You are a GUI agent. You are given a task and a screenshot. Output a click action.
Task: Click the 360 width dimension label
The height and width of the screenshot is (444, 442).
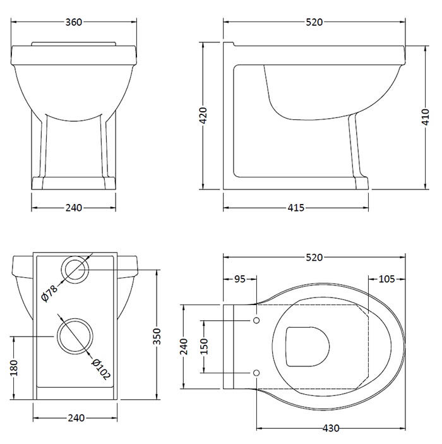[75, 22]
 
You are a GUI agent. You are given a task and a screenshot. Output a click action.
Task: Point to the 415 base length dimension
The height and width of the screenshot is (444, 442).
[296, 208]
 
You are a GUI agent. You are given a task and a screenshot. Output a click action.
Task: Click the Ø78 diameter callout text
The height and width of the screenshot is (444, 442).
[49, 293]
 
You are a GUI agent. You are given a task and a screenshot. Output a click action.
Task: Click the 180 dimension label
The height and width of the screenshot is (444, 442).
[14, 368]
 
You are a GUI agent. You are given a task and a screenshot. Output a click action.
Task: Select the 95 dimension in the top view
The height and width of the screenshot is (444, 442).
[239, 279]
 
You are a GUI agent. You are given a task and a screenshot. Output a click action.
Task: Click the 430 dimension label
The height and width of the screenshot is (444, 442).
[330, 428]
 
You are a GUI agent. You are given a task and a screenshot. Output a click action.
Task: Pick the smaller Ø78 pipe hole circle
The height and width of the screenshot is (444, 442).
[76, 270]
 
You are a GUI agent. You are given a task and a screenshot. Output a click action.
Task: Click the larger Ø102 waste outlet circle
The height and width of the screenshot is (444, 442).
[75, 336]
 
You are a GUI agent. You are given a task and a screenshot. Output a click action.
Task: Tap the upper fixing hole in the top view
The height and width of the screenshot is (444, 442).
[256, 321]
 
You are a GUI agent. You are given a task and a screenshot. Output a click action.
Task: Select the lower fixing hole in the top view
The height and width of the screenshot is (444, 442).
[256, 373]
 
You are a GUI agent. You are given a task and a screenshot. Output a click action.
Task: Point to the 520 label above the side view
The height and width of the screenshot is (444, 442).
[314, 22]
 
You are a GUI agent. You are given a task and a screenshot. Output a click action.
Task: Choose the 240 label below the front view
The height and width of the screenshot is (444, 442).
[75, 208]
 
